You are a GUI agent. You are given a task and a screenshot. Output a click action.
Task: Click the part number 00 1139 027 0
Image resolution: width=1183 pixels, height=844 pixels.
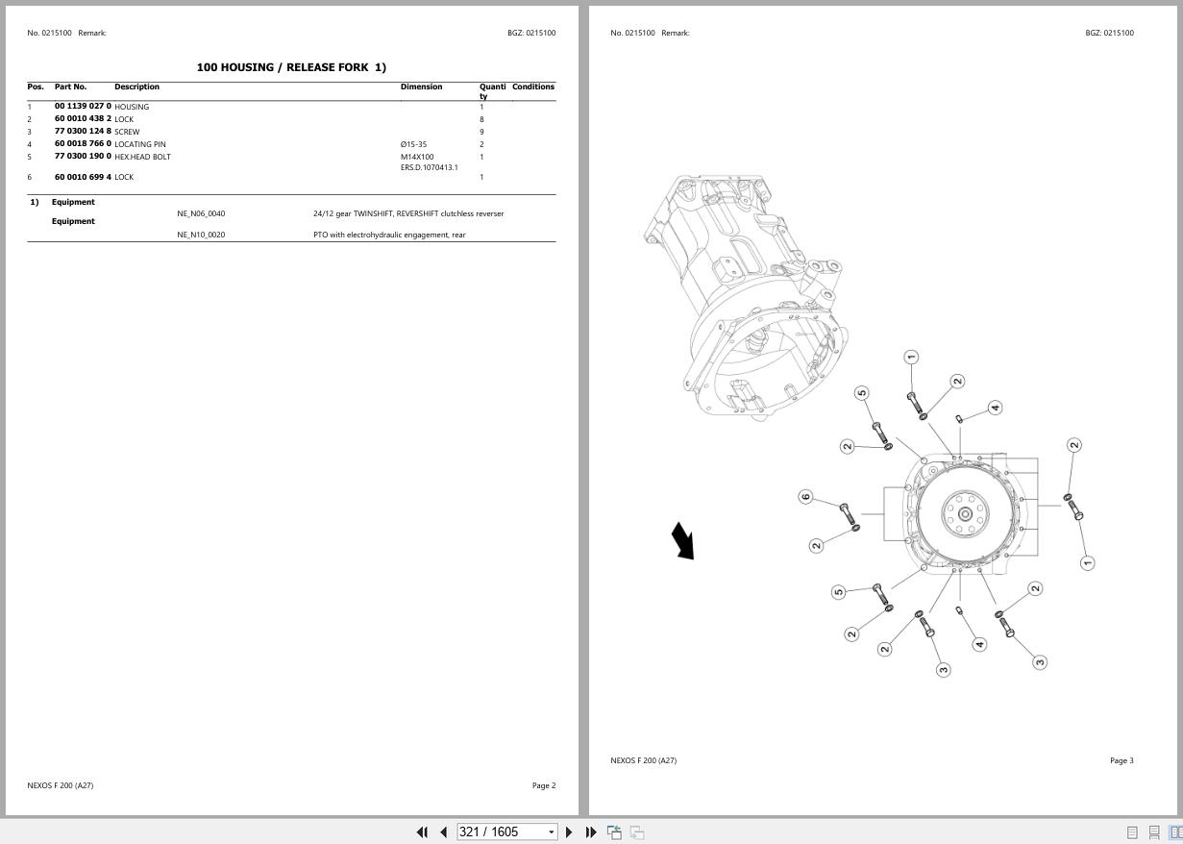click(x=83, y=107)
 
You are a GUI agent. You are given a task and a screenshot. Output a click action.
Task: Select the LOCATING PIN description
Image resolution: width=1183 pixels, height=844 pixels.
click(x=140, y=144)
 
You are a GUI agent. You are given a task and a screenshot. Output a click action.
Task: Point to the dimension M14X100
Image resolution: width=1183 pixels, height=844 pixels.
click(x=417, y=157)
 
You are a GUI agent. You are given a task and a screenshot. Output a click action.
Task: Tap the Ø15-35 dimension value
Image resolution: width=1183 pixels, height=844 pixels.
click(x=413, y=144)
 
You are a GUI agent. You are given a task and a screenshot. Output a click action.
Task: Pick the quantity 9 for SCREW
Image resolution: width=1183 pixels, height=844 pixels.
click(x=481, y=132)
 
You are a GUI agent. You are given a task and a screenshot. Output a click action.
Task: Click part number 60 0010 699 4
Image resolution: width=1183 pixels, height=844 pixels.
click(x=83, y=177)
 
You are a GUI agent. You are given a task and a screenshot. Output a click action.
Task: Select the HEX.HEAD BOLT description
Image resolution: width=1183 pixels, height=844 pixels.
click(x=142, y=157)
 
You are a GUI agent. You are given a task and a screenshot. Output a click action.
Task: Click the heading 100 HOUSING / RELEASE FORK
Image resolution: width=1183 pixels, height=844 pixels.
click(x=291, y=67)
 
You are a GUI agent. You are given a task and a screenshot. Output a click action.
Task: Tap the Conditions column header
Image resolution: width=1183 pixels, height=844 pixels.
click(x=532, y=87)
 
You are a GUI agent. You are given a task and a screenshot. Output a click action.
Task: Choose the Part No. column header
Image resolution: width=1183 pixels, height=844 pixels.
click(x=70, y=87)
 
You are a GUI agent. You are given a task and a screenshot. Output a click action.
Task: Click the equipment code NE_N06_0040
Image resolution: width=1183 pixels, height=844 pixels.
click(x=201, y=213)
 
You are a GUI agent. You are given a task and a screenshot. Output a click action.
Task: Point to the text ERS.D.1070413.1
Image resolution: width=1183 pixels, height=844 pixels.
click(x=429, y=167)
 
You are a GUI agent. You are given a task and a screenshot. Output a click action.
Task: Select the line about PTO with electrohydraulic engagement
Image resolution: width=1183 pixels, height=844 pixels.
click(x=389, y=235)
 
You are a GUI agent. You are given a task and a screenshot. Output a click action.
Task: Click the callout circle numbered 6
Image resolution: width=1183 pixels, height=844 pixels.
click(x=805, y=497)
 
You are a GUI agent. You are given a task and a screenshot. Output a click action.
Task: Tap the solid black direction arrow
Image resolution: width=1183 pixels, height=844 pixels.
click(x=682, y=540)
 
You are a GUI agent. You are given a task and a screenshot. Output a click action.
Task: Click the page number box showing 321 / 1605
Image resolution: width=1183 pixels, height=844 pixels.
click(x=505, y=832)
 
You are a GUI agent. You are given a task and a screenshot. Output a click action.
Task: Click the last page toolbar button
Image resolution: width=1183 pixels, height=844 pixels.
click(x=591, y=832)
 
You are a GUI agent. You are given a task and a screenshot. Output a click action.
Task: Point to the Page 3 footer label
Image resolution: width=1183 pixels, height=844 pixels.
click(x=1121, y=760)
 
